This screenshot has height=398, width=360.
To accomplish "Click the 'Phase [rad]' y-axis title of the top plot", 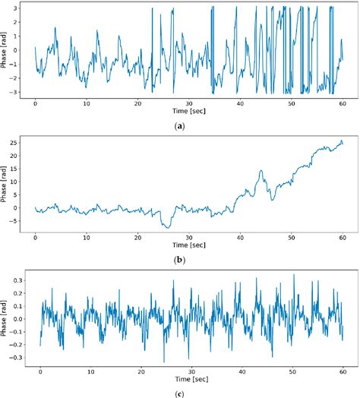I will (5, 49).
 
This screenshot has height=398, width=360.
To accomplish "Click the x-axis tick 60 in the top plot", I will (342, 103).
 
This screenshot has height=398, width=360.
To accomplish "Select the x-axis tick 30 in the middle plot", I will (188, 237).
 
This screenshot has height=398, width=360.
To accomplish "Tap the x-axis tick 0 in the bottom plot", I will (40, 371).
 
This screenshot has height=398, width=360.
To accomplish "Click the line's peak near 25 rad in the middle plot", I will (341, 141).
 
